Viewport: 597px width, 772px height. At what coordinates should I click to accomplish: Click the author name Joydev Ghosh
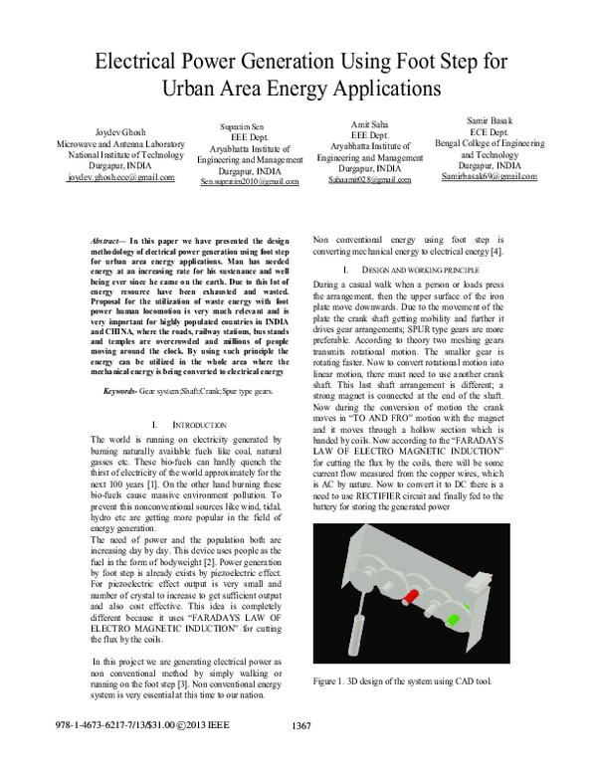point(120,131)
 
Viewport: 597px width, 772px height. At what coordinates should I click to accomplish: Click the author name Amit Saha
point(370,123)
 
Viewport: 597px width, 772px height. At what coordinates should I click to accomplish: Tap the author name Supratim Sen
point(250,128)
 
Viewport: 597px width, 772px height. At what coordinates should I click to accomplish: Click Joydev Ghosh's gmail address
point(120,177)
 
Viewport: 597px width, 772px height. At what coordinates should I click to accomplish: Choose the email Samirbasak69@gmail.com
point(490,176)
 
